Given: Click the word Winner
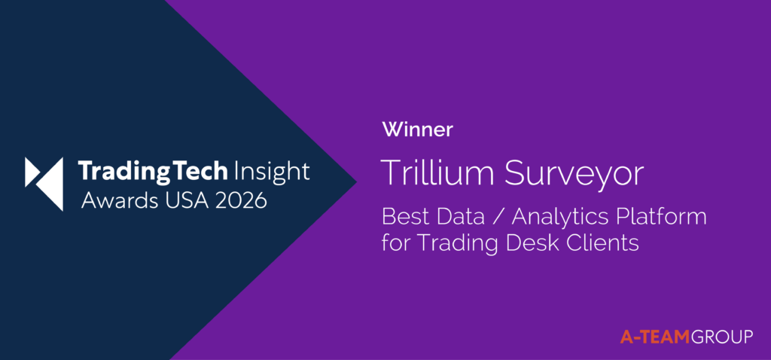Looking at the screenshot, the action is pyautogui.click(x=417, y=130).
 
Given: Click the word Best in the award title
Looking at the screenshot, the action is pyautogui.click(x=401, y=218).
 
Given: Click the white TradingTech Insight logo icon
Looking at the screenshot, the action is pyautogui.click(x=44, y=184).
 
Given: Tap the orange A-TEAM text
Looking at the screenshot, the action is pyautogui.click(x=656, y=337).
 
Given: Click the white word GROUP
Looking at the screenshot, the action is pyautogui.click(x=722, y=337).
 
